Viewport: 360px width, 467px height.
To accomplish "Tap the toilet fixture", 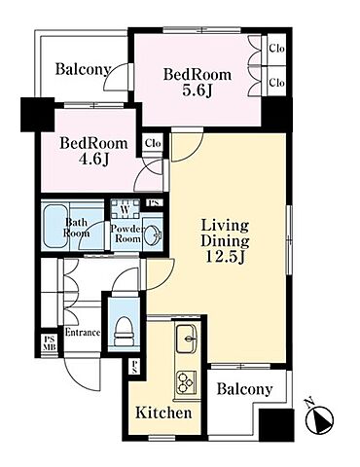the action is coord(125,331).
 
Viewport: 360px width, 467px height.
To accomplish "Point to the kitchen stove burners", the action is coord(186,382).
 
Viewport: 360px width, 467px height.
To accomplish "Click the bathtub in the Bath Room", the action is coord(55,226).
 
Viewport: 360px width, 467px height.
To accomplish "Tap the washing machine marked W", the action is coord(126,209).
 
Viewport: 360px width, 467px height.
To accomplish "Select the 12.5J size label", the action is coord(226,257).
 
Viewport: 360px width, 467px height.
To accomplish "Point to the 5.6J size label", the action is coord(198,91).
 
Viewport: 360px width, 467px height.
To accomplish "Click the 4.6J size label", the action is coord(93,159).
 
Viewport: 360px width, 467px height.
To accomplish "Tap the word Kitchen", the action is coord(163,413).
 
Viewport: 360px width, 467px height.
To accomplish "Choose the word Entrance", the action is coord(83,333).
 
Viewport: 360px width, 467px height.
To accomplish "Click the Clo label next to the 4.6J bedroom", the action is coord(153,143).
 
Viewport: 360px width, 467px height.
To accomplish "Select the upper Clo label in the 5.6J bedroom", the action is coord(276,49).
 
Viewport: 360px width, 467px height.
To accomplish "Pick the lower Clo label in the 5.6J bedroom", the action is coord(276,83).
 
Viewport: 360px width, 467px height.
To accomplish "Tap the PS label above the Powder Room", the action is coord(153,203).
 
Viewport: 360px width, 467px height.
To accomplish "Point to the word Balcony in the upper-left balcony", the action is coord(83,70).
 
